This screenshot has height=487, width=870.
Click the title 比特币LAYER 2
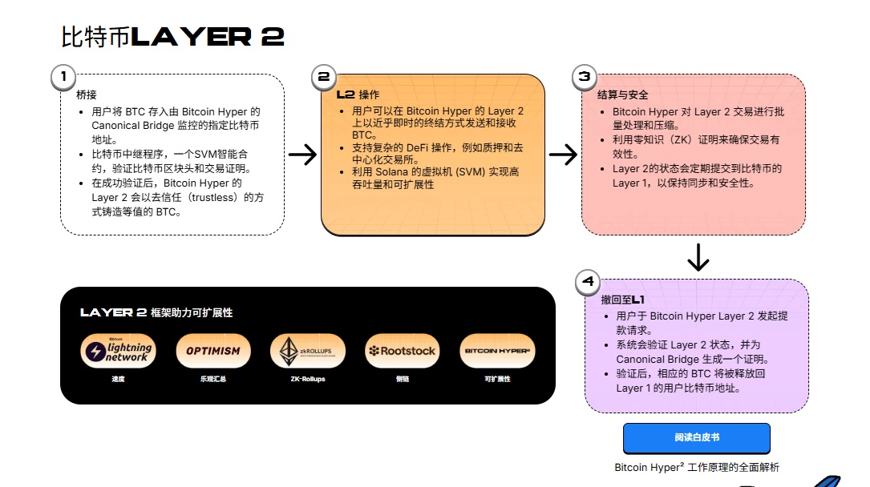coord(172,37)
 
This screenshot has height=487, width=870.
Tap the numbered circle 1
coord(62,77)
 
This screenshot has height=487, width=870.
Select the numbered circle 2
coord(323,77)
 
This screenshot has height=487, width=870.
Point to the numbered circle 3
coord(585,77)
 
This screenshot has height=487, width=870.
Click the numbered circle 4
coord(589,281)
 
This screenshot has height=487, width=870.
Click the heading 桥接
coord(87,95)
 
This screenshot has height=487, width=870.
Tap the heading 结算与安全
coord(623,95)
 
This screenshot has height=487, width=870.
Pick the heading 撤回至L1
coord(622,299)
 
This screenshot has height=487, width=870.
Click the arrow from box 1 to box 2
coord(302,155)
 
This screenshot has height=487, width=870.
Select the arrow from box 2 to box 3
coord(563,155)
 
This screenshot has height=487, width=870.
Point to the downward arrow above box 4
coord(698,257)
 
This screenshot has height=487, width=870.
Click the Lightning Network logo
coord(117,351)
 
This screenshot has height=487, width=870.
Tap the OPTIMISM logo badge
coord(212,351)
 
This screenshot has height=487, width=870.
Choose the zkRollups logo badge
coord(308,351)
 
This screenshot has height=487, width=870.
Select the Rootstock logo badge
coord(403,351)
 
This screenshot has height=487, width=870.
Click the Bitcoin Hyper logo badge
coord(498,351)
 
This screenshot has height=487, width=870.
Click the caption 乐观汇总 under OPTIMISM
coord(212,379)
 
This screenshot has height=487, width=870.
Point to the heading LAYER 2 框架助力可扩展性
coord(156,312)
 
